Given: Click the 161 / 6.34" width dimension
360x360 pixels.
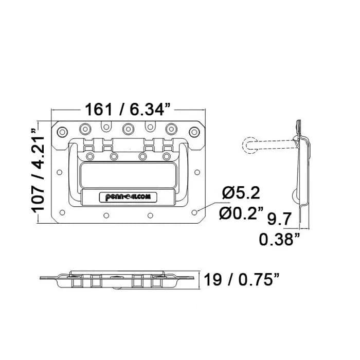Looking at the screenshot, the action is click(128, 109).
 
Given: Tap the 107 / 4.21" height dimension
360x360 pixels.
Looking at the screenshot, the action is click(38, 169).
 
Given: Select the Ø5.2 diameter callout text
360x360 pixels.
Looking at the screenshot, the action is click(241, 193).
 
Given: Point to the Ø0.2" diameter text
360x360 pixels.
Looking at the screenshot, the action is click(241, 213).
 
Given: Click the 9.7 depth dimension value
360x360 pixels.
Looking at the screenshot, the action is click(279, 219).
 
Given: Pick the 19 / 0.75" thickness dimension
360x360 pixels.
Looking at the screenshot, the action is click(241, 279).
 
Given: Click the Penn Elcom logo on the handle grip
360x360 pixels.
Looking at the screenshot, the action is click(128, 197).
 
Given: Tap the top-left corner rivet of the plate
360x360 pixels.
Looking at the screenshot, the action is click(62, 132).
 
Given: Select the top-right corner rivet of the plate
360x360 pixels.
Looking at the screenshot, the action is click(194, 132).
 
